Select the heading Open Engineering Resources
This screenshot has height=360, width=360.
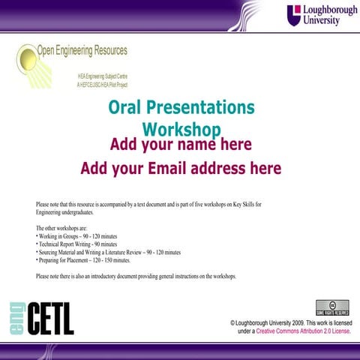(82, 51)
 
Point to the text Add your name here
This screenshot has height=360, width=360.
(181, 144)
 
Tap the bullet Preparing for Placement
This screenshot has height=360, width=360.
(84, 260)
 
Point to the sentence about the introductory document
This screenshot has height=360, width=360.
(136, 277)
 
